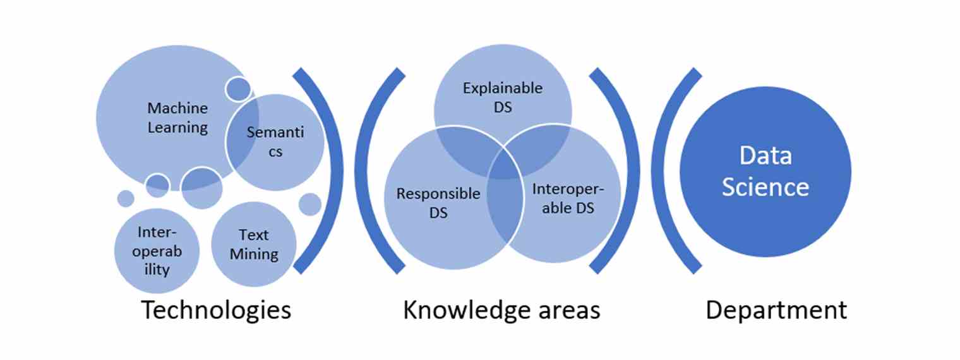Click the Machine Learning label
pos(177,117)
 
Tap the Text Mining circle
pos(254,244)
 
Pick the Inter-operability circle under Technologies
pos(153,251)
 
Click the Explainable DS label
pos(503,97)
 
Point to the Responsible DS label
pos(438,203)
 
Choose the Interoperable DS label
pos(563,198)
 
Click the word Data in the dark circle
pos(765,155)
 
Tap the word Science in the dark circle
pos(765,187)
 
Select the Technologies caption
pos(216,311)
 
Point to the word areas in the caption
pos(566,311)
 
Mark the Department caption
pos(776,311)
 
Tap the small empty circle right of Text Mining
pos(309,204)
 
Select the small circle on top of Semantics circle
pos(238,89)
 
